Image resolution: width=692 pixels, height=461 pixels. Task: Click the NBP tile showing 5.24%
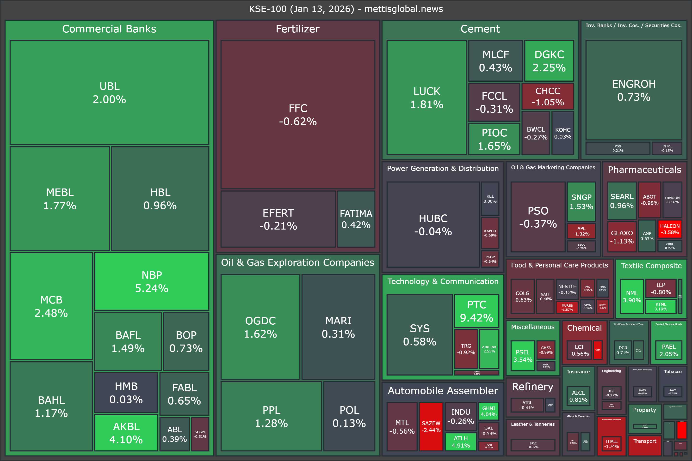tap(152, 281)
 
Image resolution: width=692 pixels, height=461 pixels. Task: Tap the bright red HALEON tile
tap(670, 229)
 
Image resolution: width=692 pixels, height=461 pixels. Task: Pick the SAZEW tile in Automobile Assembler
tap(431, 426)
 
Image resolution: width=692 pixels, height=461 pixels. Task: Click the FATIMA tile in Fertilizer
tap(356, 219)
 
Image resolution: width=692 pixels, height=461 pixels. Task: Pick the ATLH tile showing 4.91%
tap(460, 442)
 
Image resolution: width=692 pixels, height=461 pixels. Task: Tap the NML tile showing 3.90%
tap(632, 296)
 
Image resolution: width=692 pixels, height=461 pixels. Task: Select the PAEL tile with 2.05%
tap(668, 350)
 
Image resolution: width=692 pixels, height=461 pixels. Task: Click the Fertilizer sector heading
tap(297, 29)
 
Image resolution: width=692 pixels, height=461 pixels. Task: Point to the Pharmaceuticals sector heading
tap(644, 170)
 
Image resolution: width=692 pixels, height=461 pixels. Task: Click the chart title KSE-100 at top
tap(346, 9)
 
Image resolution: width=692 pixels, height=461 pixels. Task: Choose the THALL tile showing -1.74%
tap(611, 443)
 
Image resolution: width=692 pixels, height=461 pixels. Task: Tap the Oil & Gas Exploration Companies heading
tap(297, 262)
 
